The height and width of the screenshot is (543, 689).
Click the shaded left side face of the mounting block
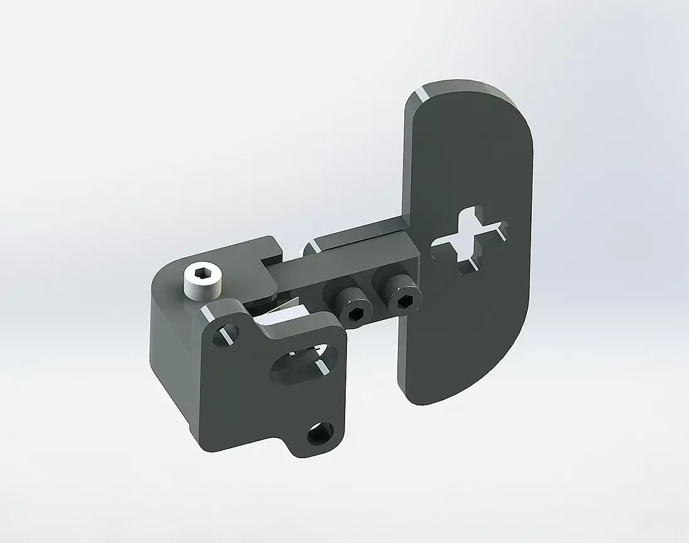[170, 352]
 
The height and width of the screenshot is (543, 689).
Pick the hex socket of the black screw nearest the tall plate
[403, 301]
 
